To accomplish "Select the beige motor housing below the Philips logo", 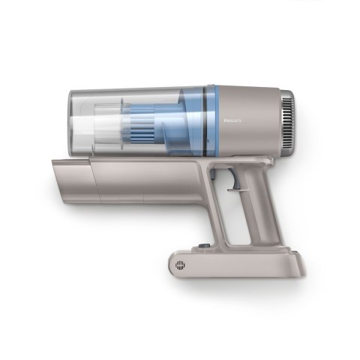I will pos(247,139).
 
